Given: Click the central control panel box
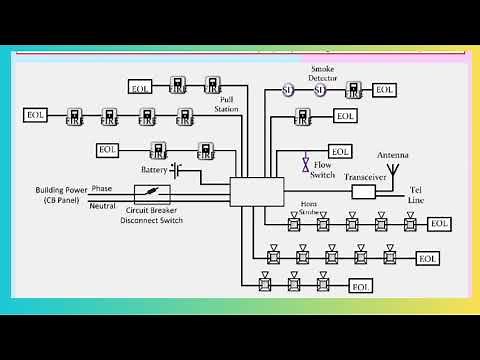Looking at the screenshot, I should pyautogui.click(x=257, y=192).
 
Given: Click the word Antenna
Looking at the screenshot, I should pyautogui.click(x=391, y=156).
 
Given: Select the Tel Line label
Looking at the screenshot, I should pyautogui.click(x=415, y=195).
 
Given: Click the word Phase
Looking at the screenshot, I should pyautogui.click(x=102, y=188).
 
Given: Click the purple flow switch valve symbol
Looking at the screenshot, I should pyautogui.click(x=305, y=162).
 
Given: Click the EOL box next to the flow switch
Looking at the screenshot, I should pyautogui.click(x=341, y=152).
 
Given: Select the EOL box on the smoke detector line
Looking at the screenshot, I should pyautogui.click(x=385, y=90).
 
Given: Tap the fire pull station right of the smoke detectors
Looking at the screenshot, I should pyautogui.click(x=353, y=90).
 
